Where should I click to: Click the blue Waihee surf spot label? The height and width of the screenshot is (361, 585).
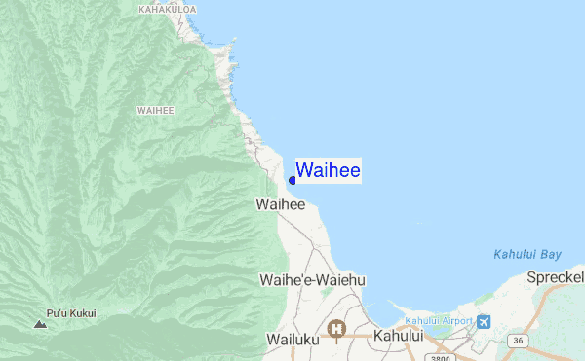point(329,171)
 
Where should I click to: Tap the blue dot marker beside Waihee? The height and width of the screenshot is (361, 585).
point(292,180)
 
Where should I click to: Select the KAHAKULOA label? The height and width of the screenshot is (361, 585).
point(168,10)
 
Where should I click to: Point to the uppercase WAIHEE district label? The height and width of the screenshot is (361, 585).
point(156,110)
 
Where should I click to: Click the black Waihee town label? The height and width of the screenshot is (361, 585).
point(281,205)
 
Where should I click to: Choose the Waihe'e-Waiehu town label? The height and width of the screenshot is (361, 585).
point(312,280)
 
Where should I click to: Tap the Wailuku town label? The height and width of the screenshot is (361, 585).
point(292,339)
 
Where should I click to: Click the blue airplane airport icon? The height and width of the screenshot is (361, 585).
point(485,321)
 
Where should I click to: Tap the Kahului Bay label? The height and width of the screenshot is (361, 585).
point(527,255)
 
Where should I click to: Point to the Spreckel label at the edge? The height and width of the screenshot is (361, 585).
point(556,277)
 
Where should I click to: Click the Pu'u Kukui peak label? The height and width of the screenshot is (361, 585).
point(71,313)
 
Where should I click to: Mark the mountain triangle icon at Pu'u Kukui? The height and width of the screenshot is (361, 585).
point(40,322)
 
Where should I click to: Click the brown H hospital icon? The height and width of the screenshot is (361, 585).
point(337,329)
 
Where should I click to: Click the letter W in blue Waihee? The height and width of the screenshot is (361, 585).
point(304,171)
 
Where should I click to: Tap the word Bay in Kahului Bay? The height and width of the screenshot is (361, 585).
point(551,255)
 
